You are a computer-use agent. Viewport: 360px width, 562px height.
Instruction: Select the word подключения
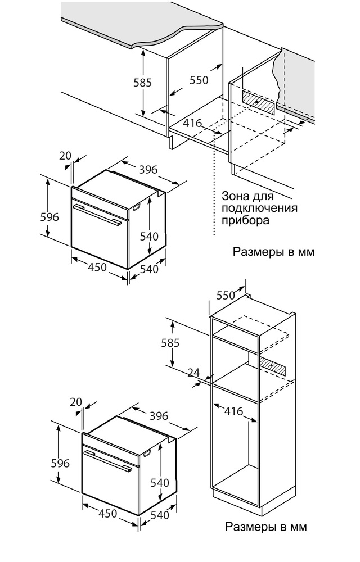pyautogui.click(x=259, y=209)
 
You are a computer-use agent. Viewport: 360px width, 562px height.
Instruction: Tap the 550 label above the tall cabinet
pyautogui.click(x=226, y=295)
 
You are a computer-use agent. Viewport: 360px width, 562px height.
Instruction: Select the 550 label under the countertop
pyautogui.click(x=199, y=80)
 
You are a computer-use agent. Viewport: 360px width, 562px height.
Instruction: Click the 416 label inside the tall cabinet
pyautogui.click(x=232, y=411)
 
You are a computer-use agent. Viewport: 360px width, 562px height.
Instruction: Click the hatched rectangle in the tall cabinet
pyautogui.click(x=272, y=366)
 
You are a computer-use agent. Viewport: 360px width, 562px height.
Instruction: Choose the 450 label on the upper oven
pyautogui.click(x=97, y=268)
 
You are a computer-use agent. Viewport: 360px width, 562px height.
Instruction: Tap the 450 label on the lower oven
pyautogui.click(x=107, y=513)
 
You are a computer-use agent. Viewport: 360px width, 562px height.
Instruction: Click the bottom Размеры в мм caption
pyautogui.click(x=266, y=527)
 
